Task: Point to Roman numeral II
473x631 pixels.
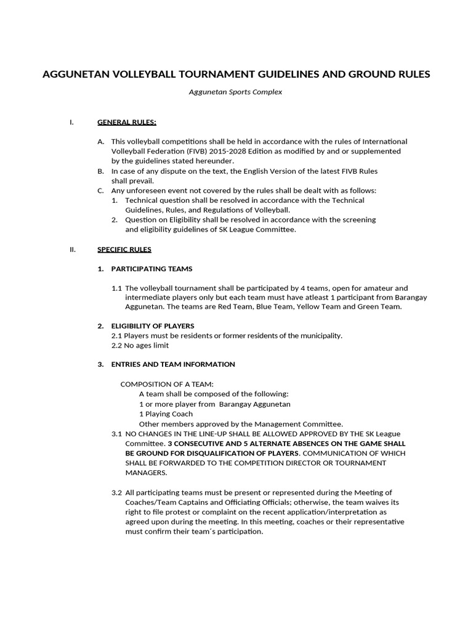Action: (73, 250)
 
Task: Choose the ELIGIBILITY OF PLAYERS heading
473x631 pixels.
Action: (153, 325)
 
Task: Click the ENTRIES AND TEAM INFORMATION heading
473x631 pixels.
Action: (173, 364)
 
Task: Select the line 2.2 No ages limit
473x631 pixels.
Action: (140, 345)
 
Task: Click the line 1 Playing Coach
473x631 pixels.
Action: (166, 413)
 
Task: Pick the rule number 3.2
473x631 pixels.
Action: (116, 492)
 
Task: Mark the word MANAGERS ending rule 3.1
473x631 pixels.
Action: (146, 473)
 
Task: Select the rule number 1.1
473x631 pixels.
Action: (116, 288)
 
